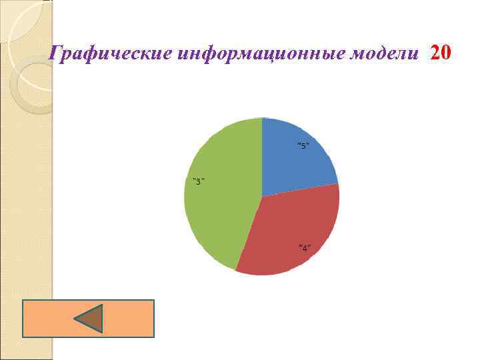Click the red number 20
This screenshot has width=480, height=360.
coord(441,52)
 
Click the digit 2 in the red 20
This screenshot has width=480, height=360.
coord(436,52)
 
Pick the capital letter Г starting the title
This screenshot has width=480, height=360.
coord(57,53)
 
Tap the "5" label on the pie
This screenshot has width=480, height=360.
coord(303,146)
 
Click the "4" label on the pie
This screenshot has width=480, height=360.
coord(304,248)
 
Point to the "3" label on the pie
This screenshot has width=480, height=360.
coord(198,181)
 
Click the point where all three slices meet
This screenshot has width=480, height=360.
coord(262,197)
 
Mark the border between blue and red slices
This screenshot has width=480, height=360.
coord(300,190)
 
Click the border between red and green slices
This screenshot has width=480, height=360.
coord(249,233)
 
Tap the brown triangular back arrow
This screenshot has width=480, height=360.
coord(89,319)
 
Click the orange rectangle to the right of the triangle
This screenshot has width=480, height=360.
coord(130,319)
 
